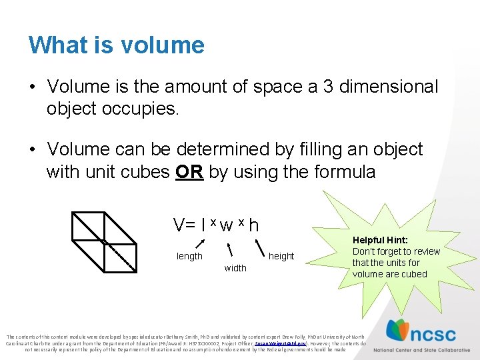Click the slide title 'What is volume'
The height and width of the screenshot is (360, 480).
116,45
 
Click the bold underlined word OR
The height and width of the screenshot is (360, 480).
189,172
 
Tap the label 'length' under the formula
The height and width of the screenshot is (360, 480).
189,257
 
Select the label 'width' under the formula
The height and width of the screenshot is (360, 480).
235,268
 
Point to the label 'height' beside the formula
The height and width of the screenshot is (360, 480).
281,256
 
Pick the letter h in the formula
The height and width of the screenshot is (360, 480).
253,225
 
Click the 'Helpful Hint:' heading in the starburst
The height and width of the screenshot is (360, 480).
380,240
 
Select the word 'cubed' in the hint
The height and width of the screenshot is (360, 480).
414,274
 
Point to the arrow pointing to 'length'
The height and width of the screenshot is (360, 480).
199,245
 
